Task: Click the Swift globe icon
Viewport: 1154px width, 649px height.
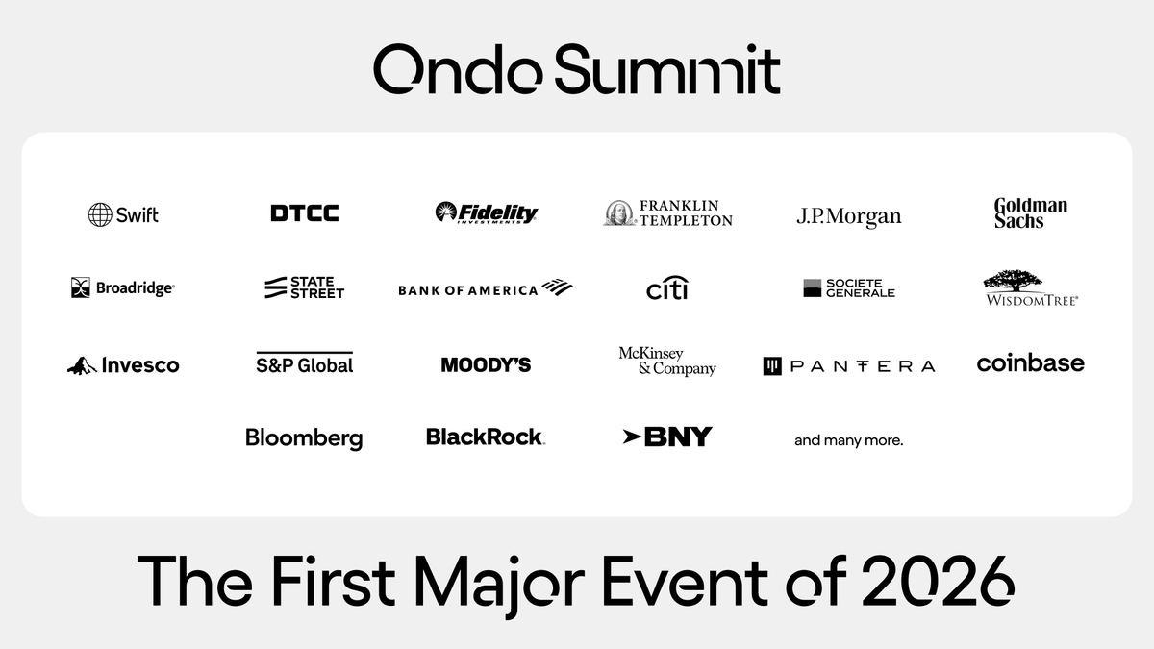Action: click(x=100, y=214)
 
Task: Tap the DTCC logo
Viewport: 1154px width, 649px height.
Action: click(x=305, y=213)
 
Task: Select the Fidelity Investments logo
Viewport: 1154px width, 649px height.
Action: click(x=486, y=212)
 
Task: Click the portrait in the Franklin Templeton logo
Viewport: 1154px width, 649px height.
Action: click(x=620, y=213)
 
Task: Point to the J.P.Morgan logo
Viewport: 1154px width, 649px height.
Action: click(x=849, y=215)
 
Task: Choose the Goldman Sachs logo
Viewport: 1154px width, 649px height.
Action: click(x=1030, y=212)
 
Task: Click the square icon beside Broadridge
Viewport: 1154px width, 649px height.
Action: click(x=81, y=287)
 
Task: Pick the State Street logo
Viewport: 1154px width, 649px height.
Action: click(x=304, y=287)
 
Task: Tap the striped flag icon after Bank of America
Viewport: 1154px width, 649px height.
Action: click(x=557, y=287)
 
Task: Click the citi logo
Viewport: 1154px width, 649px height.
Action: click(x=667, y=287)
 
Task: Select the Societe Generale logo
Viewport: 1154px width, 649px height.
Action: click(x=849, y=287)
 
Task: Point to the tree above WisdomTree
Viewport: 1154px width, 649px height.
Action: click(x=1013, y=281)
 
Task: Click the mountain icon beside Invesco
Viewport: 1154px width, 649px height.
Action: click(x=82, y=365)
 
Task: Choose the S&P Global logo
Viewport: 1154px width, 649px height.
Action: click(x=304, y=363)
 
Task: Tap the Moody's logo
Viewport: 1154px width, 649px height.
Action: click(x=486, y=364)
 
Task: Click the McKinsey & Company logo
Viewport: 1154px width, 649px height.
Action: click(x=667, y=362)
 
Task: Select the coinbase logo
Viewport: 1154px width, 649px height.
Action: click(x=1030, y=363)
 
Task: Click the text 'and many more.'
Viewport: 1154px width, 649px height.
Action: click(x=848, y=440)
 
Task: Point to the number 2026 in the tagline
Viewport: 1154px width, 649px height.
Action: click(x=939, y=581)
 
